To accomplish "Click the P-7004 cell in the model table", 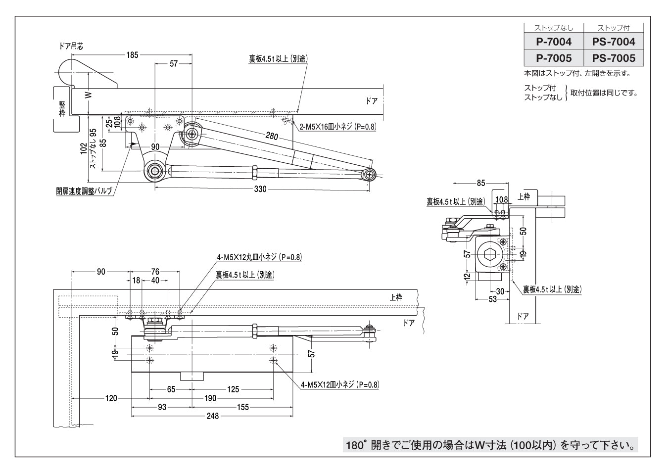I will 554,42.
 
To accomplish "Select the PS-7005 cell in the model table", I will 614,58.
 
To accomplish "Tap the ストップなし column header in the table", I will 554,28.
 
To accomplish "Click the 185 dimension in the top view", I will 132,55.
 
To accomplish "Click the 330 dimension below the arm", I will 260,189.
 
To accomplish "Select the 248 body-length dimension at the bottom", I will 212,416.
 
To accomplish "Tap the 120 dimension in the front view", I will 111,398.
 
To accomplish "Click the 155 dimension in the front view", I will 242,407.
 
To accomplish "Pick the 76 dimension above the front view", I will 155,271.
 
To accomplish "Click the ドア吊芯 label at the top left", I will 71,46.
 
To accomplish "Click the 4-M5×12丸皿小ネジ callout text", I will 259,257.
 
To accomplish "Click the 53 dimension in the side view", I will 492,299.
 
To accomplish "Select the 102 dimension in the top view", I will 84,148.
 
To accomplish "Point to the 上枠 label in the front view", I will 396,297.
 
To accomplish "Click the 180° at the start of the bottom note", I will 355,445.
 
